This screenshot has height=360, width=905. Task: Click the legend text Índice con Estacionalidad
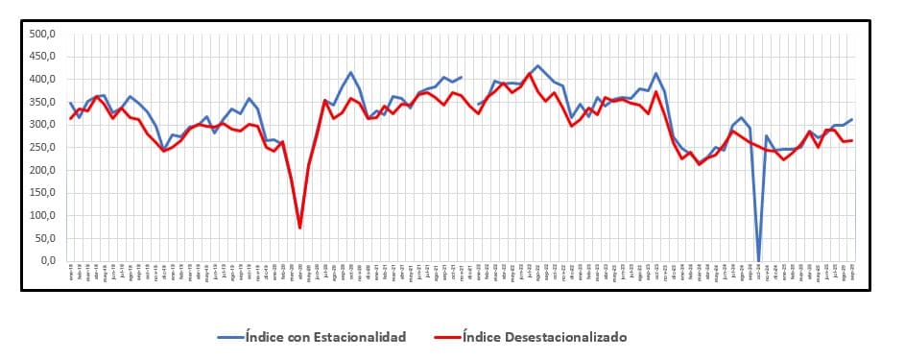pyautogui.click(x=325, y=337)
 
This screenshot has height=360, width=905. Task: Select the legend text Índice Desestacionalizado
pyautogui.click(x=544, y=337)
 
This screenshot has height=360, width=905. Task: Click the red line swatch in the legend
pyautogui.click(x=446, y=337)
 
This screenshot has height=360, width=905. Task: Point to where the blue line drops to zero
pyautogui.click(x=758, y=260)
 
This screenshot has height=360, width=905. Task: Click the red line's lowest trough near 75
pyautogui.click(x=299, y=228)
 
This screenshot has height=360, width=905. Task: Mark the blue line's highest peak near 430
pyautogui.click(x=537, y=66)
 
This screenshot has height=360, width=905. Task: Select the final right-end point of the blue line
pyautogui.click(x=852, y=119)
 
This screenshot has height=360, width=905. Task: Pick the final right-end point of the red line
pyautogui.click(x=852, y=140)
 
